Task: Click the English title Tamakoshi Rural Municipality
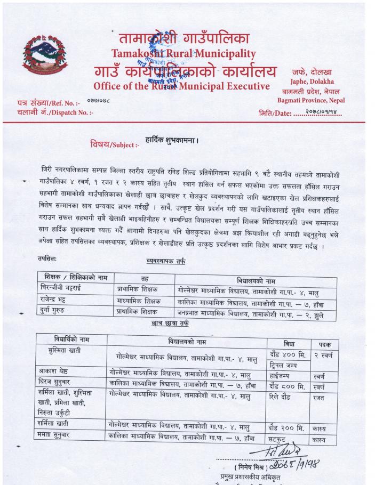click(x=183, y=54)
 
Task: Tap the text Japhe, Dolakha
click(x=312, y=82)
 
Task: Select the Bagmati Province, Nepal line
click(x=311, y=100)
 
